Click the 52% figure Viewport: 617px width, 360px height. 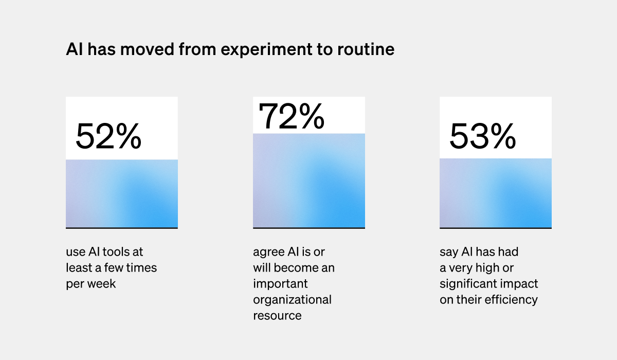click(108, 136)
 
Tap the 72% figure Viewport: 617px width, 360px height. click(291, 116)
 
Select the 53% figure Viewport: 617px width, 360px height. click(483, 136)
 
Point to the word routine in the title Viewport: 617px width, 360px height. click(366, 49)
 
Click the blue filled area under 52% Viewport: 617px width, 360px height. click(122, 194)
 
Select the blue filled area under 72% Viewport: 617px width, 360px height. click(309, 181)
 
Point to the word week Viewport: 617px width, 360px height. click(102, 284)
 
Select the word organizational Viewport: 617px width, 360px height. click(292, 299)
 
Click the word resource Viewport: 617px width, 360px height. click(277, 315)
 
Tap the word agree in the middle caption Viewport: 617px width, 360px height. click(267, 252)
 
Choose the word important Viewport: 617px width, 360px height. click(280, 284)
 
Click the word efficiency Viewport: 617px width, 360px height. click(512, 300)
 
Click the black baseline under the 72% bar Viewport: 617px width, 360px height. click(309, 228)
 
